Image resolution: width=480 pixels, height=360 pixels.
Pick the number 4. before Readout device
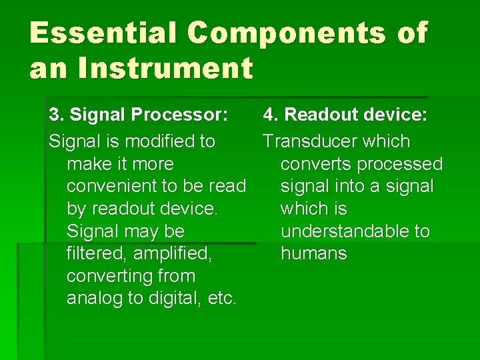point(271,115)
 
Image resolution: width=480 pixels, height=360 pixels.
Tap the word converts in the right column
point(316,164)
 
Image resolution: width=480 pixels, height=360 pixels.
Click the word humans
point(313,253)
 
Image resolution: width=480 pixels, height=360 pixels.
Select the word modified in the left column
point(150,141)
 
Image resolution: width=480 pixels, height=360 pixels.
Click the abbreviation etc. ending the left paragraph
point(222,298)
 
